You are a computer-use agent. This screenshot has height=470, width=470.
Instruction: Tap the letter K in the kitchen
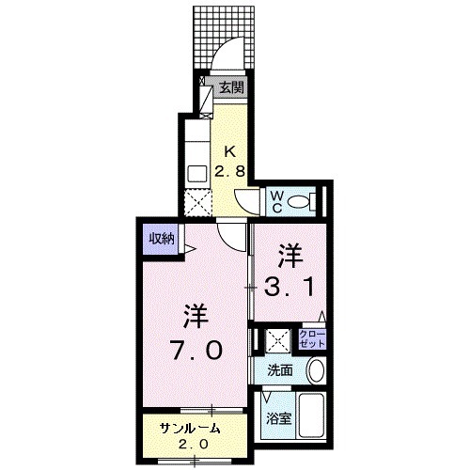tap(230, 150)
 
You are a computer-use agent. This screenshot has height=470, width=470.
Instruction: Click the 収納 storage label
tap(161, 239)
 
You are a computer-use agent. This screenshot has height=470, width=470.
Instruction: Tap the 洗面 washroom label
tap(279, 369)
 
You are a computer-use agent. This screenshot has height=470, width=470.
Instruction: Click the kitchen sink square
tap(196, 173)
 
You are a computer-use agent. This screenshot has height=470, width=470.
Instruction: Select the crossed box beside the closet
tap(277, 338)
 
